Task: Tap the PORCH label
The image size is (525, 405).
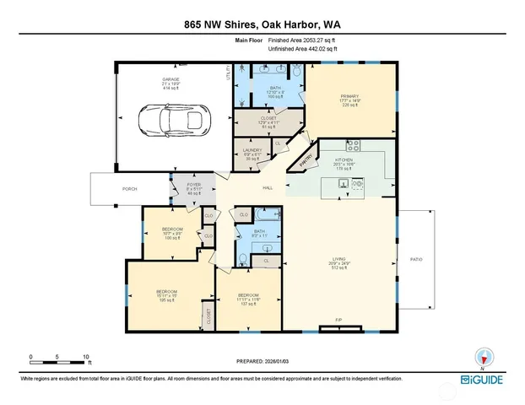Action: [129, 189]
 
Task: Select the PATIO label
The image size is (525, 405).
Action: [417, 259]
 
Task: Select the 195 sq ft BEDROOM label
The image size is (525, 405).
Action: [165, 295]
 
